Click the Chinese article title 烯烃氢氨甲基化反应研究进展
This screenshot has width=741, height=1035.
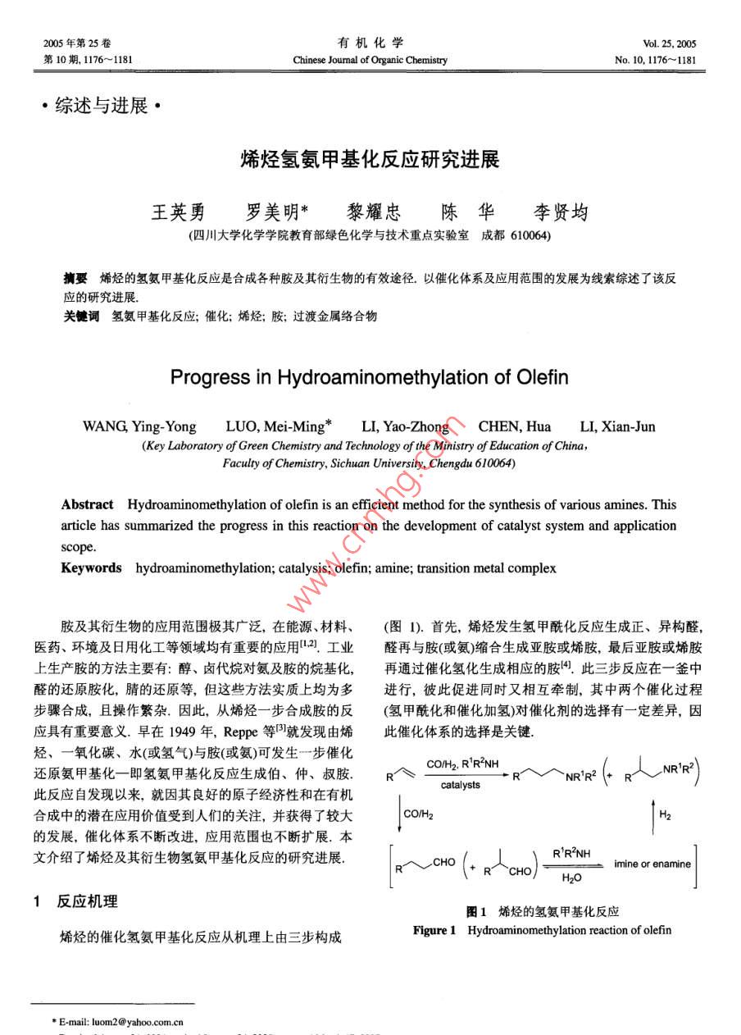[370, 159]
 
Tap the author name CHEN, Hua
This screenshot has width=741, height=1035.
[515, 426]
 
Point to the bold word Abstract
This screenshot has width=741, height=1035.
[87, 504]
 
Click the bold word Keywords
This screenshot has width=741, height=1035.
[91, 568]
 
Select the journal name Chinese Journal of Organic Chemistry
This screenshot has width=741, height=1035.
[370, 60]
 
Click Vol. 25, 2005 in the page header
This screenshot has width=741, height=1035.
[670, 43]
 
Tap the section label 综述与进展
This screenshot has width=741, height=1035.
[102, 106]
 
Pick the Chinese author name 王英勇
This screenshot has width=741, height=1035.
[178, 212]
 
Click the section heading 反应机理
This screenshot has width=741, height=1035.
[87, 901]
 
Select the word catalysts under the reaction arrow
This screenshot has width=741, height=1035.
[461, 785]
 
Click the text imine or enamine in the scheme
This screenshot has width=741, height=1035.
[652, 864]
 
